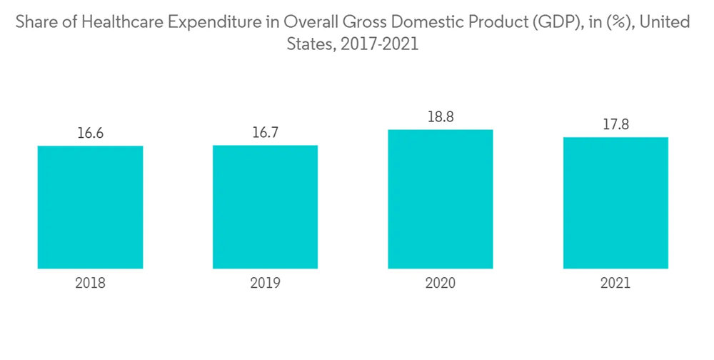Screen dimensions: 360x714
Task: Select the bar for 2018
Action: [x=90, y=207]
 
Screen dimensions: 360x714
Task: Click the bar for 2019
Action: [x=265, y=207]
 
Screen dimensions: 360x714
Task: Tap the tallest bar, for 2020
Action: [x=440, y=199]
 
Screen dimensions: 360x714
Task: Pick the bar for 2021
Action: [x=615, y=203]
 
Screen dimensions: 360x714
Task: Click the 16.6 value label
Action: [x=90, y=133]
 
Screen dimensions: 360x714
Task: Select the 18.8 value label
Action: [x=440, y=116]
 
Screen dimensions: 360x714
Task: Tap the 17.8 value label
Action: [x=615, y=124]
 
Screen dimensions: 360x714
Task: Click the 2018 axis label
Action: [x=90, y=283]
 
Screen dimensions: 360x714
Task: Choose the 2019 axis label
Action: [x=265, y=283]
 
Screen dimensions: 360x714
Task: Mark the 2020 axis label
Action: [x=440, y=283]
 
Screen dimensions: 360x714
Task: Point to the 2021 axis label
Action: [x=615, y=283]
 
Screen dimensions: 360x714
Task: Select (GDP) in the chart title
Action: [x=555, y=22]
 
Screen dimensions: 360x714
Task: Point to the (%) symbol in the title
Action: [x=619, y=22]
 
